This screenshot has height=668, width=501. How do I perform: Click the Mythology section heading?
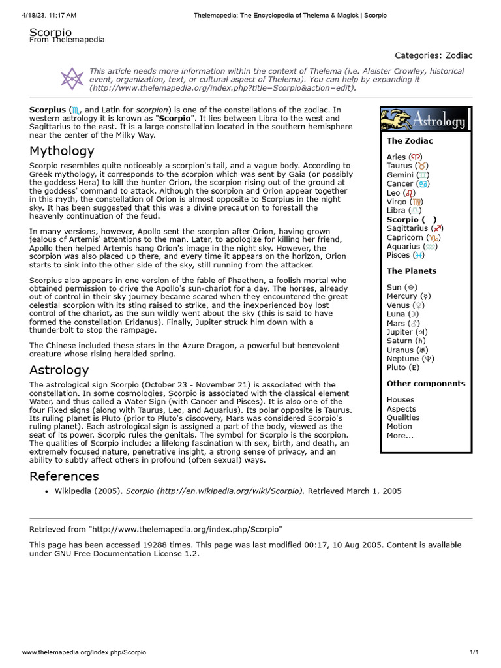point(62,151)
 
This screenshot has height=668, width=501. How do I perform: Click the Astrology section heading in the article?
point(59,370)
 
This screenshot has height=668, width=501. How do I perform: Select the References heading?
point(64,476)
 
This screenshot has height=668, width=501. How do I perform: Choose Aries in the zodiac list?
point(396,157)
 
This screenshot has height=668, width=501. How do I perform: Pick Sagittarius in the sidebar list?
point(407,228)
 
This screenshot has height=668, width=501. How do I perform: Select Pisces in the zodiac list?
point(398,255)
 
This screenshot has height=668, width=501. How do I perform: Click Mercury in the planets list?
point(402,296)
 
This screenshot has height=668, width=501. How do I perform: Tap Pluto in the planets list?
point(396,367)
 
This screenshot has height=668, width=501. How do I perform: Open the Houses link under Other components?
point(400,399)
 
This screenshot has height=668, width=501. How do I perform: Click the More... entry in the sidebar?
point(399,435)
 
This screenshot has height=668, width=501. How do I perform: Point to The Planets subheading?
point(411,271)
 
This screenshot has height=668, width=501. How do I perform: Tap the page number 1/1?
point(474,652)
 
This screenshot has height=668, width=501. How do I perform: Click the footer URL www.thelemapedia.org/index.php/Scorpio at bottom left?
point(84,652)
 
